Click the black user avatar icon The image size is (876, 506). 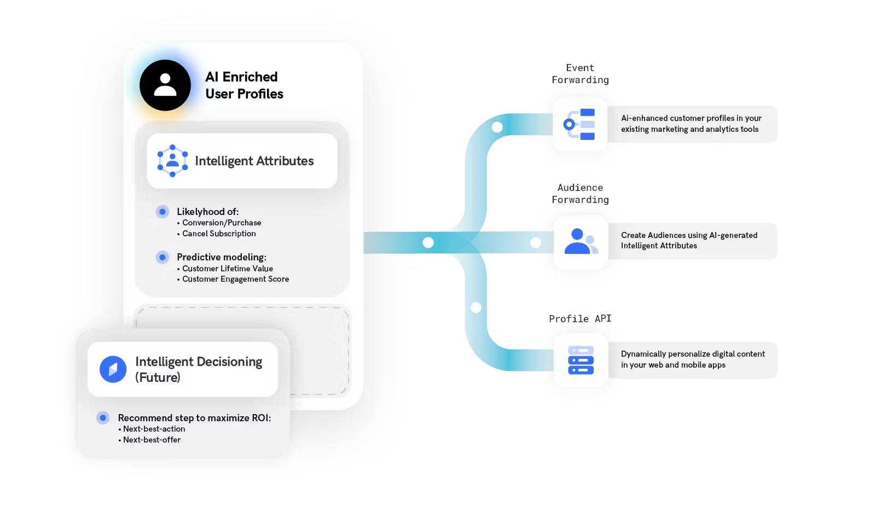point(165,85)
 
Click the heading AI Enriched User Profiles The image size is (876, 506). point(244,85)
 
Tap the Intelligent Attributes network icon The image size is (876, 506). point(172,161)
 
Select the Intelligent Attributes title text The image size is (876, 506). point(254,161)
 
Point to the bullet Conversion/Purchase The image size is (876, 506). point(222,223)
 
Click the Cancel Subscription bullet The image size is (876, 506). point(219,234)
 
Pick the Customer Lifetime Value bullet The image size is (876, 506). point(228,269)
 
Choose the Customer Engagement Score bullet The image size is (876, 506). point(235,279)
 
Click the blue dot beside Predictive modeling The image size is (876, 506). point(163,257)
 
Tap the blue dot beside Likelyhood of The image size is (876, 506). point(163,212)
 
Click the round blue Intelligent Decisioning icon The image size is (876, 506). point(113,369)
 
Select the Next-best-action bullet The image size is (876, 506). point(154,429)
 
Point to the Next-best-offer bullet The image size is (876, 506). point(152,440)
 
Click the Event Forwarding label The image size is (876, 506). point(580,74)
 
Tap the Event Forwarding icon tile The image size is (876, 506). point(580,124)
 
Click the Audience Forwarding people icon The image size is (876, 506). point(581,242)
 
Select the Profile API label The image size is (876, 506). point(580,318)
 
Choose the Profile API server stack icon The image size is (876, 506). point(581,360)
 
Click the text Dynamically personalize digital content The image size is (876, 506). point(693,354)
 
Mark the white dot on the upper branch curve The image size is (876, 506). point(497,127)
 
